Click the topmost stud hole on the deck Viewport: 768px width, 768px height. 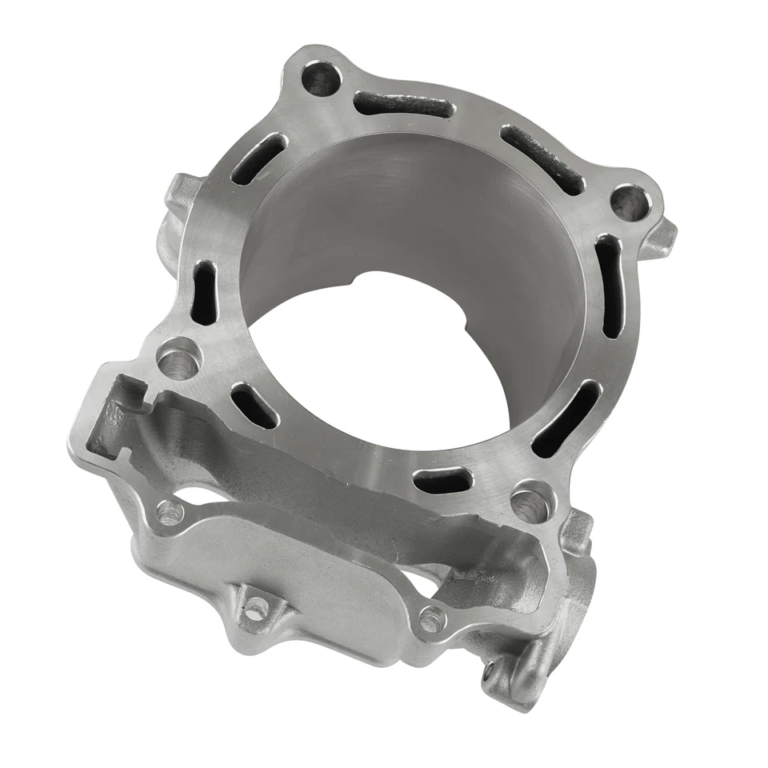pyautogui.click(x=322, y=79)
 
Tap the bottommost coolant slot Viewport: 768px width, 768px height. pyautogui.click(x=440, y=480)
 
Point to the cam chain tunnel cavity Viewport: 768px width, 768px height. pyautogui.click(x=320, y=480)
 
